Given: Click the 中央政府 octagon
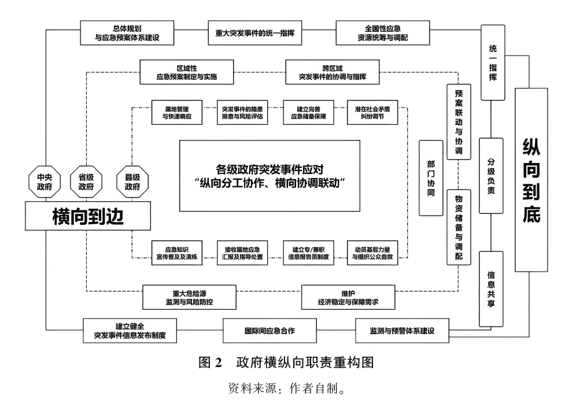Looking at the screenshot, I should (x=45, y=182).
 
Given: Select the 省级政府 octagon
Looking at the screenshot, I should (x=86, y=182).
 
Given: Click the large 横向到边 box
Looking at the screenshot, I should (x=88, y=217).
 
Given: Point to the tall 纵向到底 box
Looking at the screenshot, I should (x=531, y=180).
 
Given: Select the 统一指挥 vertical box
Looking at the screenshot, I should (x=492, y=62).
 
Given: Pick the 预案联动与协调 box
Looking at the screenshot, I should (x=459, y=121).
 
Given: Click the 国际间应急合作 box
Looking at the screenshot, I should (x=269, y=331).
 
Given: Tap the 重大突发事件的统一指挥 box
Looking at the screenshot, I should (x=251, y=34).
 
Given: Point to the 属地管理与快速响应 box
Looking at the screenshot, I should (x=177, y=112).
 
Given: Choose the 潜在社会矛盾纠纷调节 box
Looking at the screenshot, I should (x=373, y=112).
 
